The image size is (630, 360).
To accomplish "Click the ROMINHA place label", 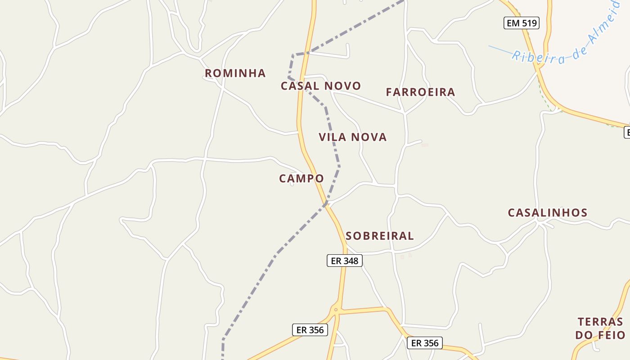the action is point(235,73).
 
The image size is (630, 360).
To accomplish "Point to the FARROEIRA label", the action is point(420,92).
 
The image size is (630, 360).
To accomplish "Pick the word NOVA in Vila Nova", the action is point(370,137).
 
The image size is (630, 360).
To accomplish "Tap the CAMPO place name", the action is point(301,179).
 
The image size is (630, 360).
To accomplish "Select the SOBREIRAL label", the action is point(379,236).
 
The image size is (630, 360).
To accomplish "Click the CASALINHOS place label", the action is point(548,213).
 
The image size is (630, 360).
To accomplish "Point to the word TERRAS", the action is point(600,322).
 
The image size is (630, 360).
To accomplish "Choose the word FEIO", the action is point(612,335).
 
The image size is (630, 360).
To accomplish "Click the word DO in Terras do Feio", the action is point(584,335).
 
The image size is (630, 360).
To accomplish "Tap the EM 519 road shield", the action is point(521,23).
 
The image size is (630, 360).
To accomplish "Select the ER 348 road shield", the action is point(344,261).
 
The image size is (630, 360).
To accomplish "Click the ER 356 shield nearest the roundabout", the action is point(310,330).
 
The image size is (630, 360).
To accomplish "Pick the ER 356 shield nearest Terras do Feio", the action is point(425,343).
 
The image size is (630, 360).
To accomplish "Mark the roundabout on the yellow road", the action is point(335,310).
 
